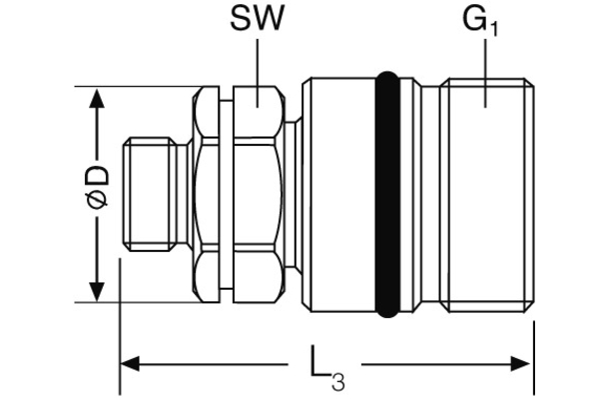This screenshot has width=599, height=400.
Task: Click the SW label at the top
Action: click(257, 20)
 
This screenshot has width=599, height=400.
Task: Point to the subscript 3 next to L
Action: click(337, 380)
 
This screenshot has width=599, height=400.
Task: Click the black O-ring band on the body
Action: click(389, 195)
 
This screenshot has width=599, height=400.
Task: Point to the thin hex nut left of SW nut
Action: click(207, 195)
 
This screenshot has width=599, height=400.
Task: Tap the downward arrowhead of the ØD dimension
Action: click(97, 291)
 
